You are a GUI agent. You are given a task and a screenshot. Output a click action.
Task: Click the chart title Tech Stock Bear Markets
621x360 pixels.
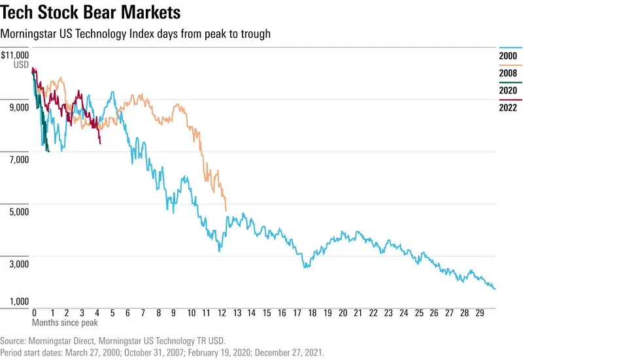[92, 12]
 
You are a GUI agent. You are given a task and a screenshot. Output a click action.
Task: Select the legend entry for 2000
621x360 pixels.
[508, 56]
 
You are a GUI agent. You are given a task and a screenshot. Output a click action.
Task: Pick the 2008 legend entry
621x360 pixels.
[508, 73]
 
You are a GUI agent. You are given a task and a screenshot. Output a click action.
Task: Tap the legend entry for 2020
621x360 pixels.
[508, 90]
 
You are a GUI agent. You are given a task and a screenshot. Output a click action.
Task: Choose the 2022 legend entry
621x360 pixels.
[508, 107]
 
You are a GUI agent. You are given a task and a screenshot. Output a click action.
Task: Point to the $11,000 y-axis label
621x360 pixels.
[15, 56]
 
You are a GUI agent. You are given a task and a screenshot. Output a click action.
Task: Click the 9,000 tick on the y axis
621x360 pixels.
[18, 107]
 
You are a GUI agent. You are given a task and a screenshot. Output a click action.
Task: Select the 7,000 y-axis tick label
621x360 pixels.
[18, 159]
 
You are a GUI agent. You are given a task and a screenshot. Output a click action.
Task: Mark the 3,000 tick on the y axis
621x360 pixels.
[18, 264]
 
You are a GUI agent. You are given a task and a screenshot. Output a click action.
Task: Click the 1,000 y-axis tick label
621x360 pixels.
[18, 302]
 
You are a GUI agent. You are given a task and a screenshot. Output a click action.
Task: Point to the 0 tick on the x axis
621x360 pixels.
[34, 313]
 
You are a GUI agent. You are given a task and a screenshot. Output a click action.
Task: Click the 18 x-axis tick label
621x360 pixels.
[312, 313]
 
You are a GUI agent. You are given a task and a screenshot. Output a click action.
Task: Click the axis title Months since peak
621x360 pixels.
[65, 322]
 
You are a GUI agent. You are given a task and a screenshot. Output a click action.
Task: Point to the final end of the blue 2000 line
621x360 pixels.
[495, 289]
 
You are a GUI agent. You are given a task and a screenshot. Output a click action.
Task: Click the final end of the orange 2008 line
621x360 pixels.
[226, 210]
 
